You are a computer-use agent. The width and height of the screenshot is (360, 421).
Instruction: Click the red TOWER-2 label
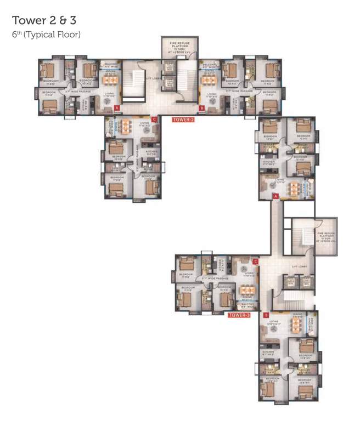[x=183, y=120]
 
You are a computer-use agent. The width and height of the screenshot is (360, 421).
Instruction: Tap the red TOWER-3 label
[x=239, y=315]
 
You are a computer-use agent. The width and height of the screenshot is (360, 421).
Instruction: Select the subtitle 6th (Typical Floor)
[x=46, y=35]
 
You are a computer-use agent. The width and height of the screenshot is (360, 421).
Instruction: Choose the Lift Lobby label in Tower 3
[x=300, y=267]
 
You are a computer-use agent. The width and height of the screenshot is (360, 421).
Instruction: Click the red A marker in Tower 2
[x=117, y=109]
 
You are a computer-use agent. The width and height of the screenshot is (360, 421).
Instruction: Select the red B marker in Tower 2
[x=201, y=109]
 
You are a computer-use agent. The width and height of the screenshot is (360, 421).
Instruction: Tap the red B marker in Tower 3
[x=266, y=315]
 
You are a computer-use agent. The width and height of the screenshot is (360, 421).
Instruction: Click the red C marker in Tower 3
[x=255, y=262]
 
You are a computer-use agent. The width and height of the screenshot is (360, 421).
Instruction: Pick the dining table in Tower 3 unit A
[x=295, y=188]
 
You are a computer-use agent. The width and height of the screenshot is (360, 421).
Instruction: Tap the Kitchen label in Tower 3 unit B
[x=268, y=352]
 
